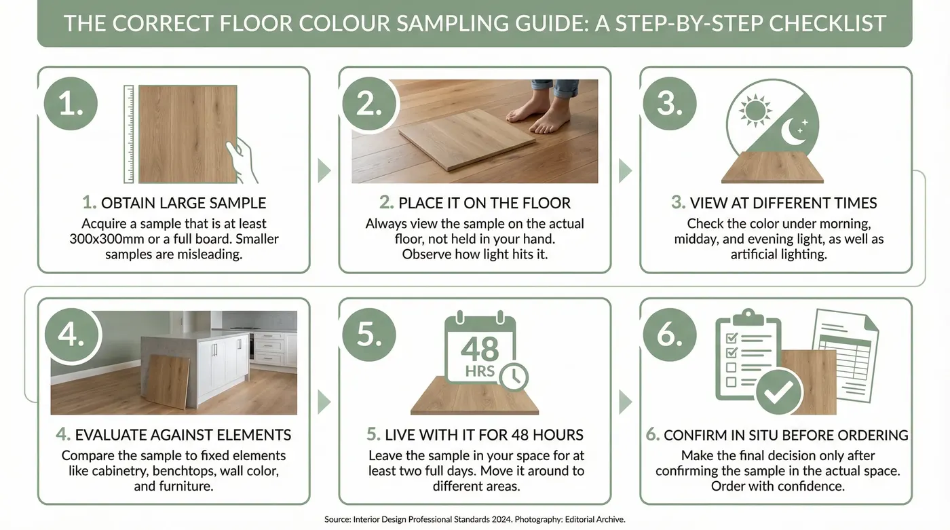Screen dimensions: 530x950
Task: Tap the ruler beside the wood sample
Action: pyautogui.click(x=129, y=134)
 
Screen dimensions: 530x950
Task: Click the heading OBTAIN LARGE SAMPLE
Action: pyautogui.click(x=174, y=203)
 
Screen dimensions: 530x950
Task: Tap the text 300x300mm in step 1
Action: pyautogui.click(x=102, y=239)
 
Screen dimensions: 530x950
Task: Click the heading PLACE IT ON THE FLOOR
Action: pyautogui.click(x=475, y=203)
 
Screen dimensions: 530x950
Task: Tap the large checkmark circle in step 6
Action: pyautogui.click(x=778, y=392)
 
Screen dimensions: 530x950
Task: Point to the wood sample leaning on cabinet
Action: pyautogui.click(x=168, y=381)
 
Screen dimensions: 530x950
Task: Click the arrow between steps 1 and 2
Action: pyautogui.click(x=324, y=170)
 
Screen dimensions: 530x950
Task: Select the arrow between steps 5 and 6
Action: pyautogui.click(x=625, y=402)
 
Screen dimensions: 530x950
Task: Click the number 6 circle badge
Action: pyautogui.click(x=670, y=335)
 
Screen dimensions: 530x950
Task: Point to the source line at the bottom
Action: pyautogui.click(x=474, y=519)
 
